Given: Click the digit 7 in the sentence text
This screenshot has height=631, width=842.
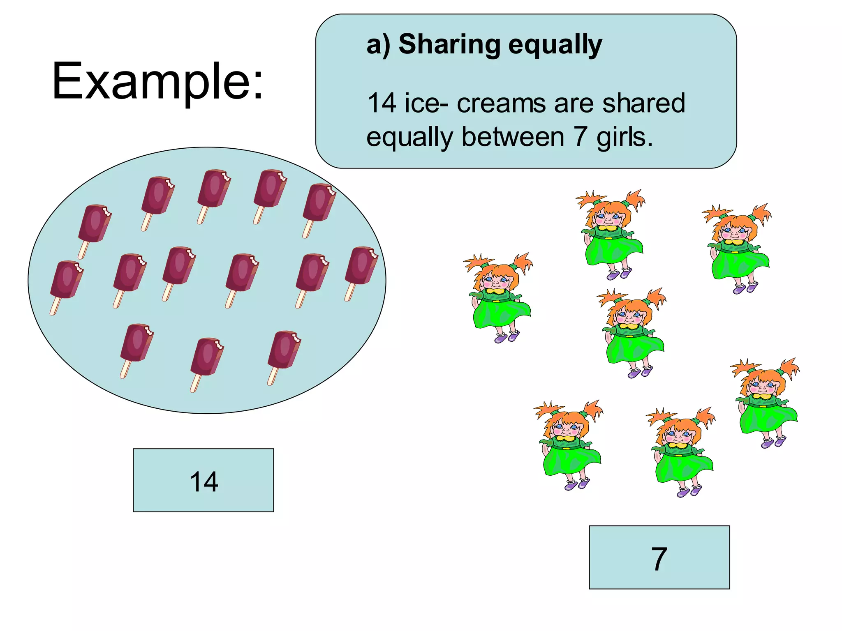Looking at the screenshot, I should pyautogui.click(x=581, y=137).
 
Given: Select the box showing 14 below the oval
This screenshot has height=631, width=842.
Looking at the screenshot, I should pyautogui.click(x=203, y=480).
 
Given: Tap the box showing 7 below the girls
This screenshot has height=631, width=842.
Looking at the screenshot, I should pyautogui.click(x=659, y=557).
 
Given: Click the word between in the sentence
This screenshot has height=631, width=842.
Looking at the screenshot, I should pyautogui.click(x=513, y=137).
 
